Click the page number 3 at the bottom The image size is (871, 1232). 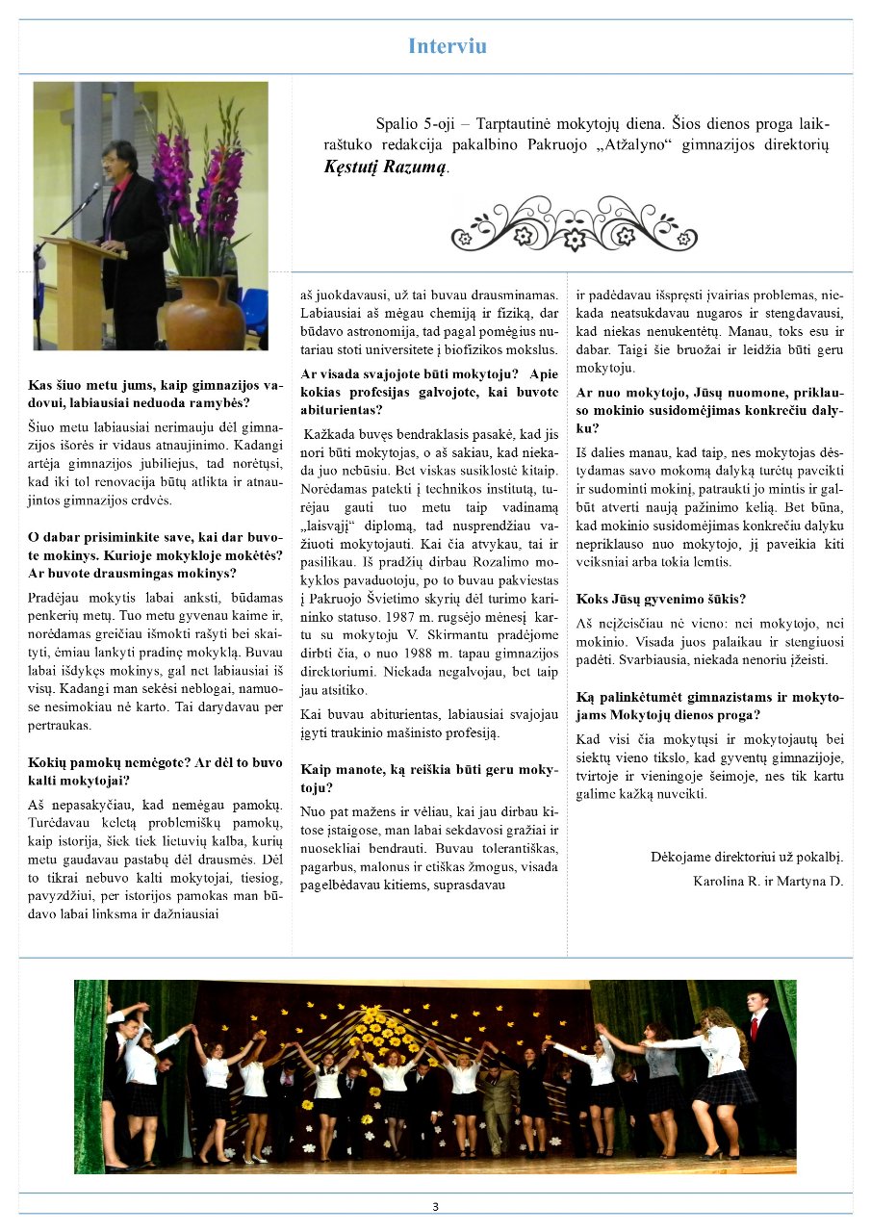click(435, 1207)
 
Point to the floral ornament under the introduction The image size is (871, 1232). click(574, 223)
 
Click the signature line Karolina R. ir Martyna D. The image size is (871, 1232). click(767, 880)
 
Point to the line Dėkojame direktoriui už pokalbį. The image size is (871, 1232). click(746, 856)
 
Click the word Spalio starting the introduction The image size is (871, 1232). click(397, 124)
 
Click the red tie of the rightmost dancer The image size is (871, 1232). click(756, 1027)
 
